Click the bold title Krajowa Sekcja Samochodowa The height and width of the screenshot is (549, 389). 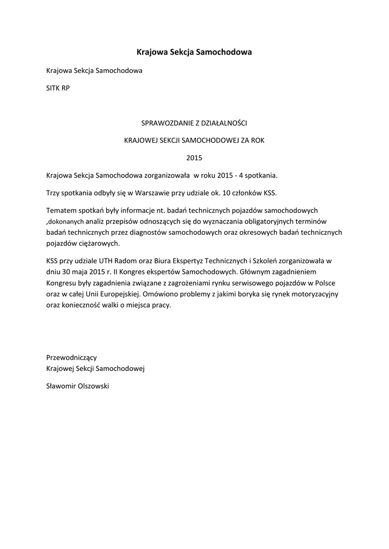(194, 52)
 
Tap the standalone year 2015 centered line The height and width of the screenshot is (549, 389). (194, 158)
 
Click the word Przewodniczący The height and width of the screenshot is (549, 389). (72, 357)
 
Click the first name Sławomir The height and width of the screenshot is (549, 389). (61, 385)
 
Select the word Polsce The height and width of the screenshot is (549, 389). (330, 283)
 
